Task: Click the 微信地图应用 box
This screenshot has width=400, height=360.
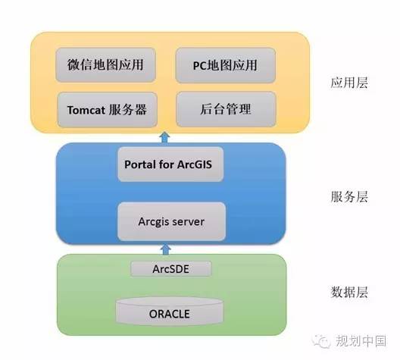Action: [x=105, y=65]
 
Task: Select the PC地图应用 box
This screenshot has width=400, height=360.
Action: [x=226, y=65]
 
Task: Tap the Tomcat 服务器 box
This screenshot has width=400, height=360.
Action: [x=107, y=110]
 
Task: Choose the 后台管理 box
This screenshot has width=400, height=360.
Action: [x=226, y=109]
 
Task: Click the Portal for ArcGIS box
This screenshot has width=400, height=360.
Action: [x=170, y=164]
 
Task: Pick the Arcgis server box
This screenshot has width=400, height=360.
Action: [x=171, y=221]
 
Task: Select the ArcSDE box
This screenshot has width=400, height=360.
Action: [x=171, y=269]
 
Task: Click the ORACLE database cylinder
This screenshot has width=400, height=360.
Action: [x=170, y=311]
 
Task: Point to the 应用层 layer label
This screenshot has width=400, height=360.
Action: [x=349, y=83]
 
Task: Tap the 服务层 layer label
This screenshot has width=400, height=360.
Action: [x=349, y=197]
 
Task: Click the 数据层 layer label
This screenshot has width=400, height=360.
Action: [x=349, y=292]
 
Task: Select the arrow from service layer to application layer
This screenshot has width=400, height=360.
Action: [x=165, y=138]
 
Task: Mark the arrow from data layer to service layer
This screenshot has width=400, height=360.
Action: [x=166, y=249]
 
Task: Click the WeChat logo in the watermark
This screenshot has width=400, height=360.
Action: [x=322, y=341]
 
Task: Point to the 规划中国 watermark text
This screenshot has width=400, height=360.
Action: [x=361, y=341]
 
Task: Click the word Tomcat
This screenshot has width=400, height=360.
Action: [x=86, y=110]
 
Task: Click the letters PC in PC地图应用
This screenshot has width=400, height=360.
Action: [x=200, y=66]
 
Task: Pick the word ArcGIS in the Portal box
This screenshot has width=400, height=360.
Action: [x=195, y=164]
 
